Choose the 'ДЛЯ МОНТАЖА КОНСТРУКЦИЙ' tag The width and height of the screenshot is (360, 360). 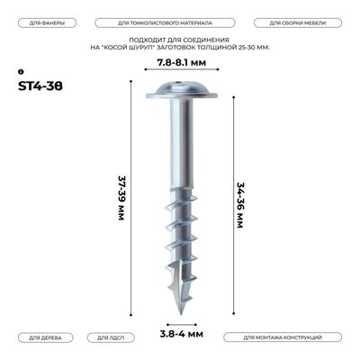283,337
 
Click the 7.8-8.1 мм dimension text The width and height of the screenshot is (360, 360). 180,63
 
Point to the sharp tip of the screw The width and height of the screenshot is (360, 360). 180,310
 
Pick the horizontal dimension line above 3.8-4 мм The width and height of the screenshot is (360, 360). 179,319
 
